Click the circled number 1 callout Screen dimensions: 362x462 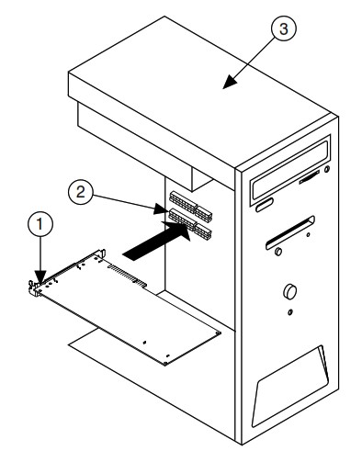(40, 224)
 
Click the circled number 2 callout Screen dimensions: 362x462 (80, 192)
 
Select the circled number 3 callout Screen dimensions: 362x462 (284, 28)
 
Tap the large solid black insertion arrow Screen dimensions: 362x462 (156, 241)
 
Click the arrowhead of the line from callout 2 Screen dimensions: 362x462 (162, 209)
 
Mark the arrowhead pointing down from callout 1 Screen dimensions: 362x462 (40, 276)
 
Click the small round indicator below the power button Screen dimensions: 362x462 (290, 312)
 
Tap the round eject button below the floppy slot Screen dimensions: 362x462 (278, 252)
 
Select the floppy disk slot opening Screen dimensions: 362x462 (290, 232)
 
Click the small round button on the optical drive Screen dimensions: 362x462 (327, 169)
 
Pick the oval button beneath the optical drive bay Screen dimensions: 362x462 (264, 205)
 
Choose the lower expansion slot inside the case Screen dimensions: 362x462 (190, 223)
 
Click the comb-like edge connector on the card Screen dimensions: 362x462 (127, 276)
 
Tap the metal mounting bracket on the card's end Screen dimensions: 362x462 (34, 288)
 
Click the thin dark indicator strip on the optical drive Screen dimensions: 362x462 (309, 177)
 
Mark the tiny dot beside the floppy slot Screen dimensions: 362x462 (308, 235)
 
